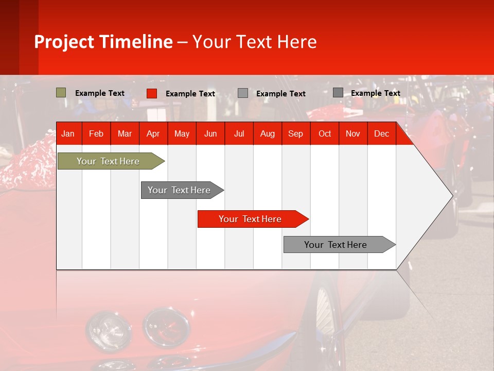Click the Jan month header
(x=68, y=134)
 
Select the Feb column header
(x=96, y=134)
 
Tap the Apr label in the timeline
(x=153, y=134)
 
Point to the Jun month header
(x=210, y=134)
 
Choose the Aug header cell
(x=268, y=134)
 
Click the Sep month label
(x=296, y=134)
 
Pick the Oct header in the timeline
(x=325, y=134)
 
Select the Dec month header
(x=382, y=134)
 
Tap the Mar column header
(x=125, y=134)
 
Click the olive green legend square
(x=61, y=93)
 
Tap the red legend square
(x=152, y=93)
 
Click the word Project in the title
(x=65, y=42)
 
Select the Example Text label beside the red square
(x=190, y=94)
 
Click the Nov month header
(x=353, y=134)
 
